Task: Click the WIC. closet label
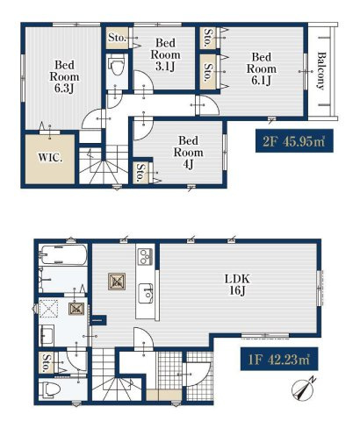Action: pyautogui.click(x=50, y=158)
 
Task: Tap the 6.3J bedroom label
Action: pyautogui.click(x=64, y=76)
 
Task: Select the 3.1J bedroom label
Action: pyautogui.click(x=165, y=54)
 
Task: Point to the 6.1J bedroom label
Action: pyautogui.click(x=262, y=68)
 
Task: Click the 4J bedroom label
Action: pyautogui.click(x=189, y=153)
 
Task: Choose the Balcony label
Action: pyautogui.click(x=321, y=71)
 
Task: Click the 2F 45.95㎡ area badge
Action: pyautogui.click(x=294, y=140)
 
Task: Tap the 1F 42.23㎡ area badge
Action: pyautogui.click(x=279, y=359)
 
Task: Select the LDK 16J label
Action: pyautogui.click(x=237, y=284)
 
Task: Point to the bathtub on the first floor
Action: pyautogui.click(x=63, y=254)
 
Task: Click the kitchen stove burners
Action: pyautogui.click(x=146, y=256)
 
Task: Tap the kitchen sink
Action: pyautogui.click(x=146, y=293)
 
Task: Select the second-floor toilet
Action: pyautogui.click(x=117, y=67)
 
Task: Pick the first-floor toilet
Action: pyautogui.click(x=50, y=389)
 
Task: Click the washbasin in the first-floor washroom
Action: pyautogui.click(x=47, y=335)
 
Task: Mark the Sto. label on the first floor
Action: pyautogui.click(x=47, y=362)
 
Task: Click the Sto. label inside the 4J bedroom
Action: pyautogui.click(x=140, y=173)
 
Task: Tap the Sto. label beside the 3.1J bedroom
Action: pyautogui.click(x=117, y=38)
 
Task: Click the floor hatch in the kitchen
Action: pyautogui.click(x=117, y=282)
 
